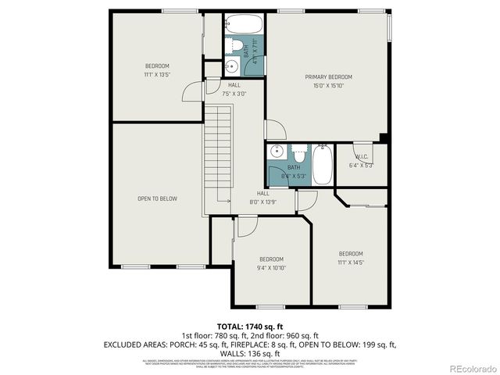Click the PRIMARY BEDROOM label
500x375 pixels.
click(x=328, y=77)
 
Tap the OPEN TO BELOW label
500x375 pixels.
click(x=157, y=198)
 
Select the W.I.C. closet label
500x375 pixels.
click(x=362, y=155)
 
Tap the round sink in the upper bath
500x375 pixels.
click(x=233, y=66)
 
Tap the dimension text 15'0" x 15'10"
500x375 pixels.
click(x=328, y=86)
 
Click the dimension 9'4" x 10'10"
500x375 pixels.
click(x=271, y=268)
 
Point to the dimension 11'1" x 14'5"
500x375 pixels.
click(x=351, y=262)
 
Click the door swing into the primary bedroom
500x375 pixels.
click(x=275, y=130)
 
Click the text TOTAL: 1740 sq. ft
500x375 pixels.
click(x=250, y=326)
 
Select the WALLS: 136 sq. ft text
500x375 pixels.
click(x=250, y=352)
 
